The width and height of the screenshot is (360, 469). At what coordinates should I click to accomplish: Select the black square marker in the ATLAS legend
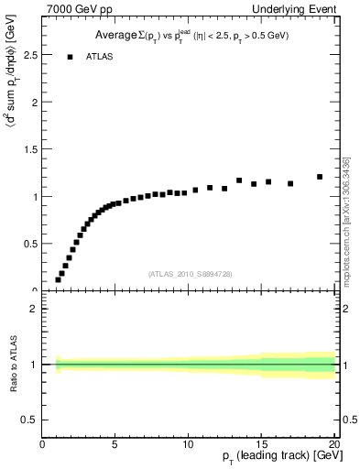(x=70, y=57)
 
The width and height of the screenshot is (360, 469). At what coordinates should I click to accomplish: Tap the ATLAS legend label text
(x=99, y=57)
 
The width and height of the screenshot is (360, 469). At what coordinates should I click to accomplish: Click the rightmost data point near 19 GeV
(x=320, y=177)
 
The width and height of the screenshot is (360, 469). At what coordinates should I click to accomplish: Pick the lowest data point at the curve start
(x=58, y=279)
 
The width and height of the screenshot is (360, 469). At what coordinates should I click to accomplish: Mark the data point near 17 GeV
(x=290, y=183)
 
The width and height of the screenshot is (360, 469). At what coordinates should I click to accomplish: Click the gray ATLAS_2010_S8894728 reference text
(x=189, y=274)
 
